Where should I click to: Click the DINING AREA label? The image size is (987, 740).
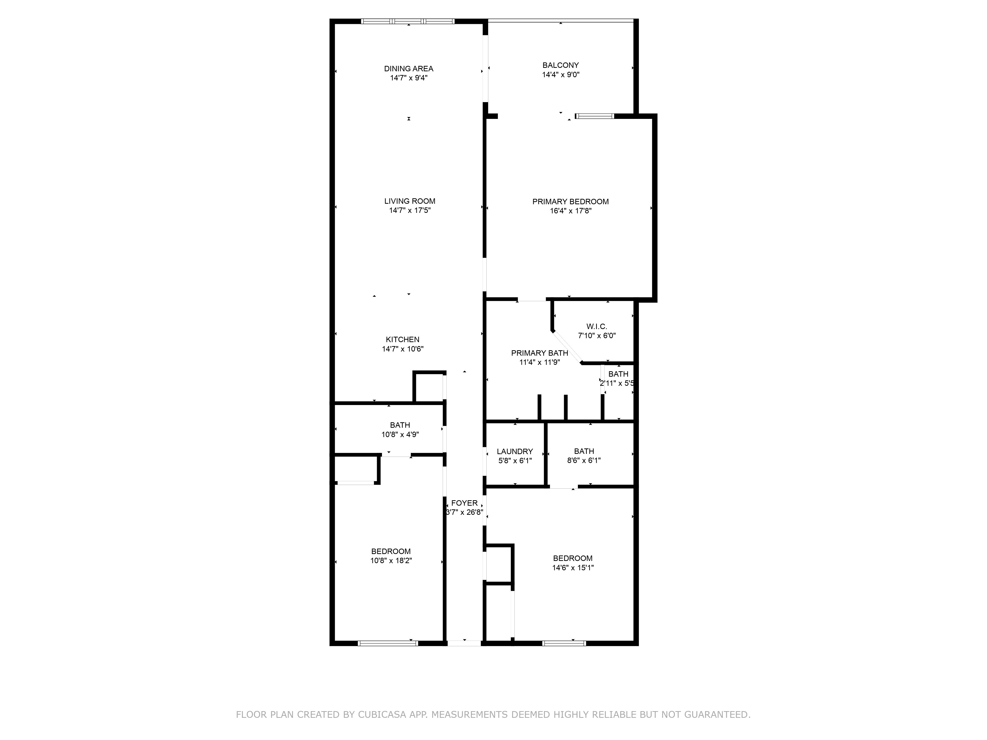click(x=409, y=69)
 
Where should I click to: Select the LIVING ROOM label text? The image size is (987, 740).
click(x=410, y=201)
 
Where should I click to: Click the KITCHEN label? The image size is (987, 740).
click(x=402, y=339)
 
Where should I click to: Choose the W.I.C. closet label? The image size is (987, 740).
click(x=597, y=327)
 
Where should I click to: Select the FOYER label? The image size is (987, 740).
click(x=464, y=503)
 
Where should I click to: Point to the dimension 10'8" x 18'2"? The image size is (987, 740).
click(x=391, y=561)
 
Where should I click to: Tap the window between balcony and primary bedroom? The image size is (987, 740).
click(x=594, y=116)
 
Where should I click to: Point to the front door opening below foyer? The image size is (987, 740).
click(x=464, y=643)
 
